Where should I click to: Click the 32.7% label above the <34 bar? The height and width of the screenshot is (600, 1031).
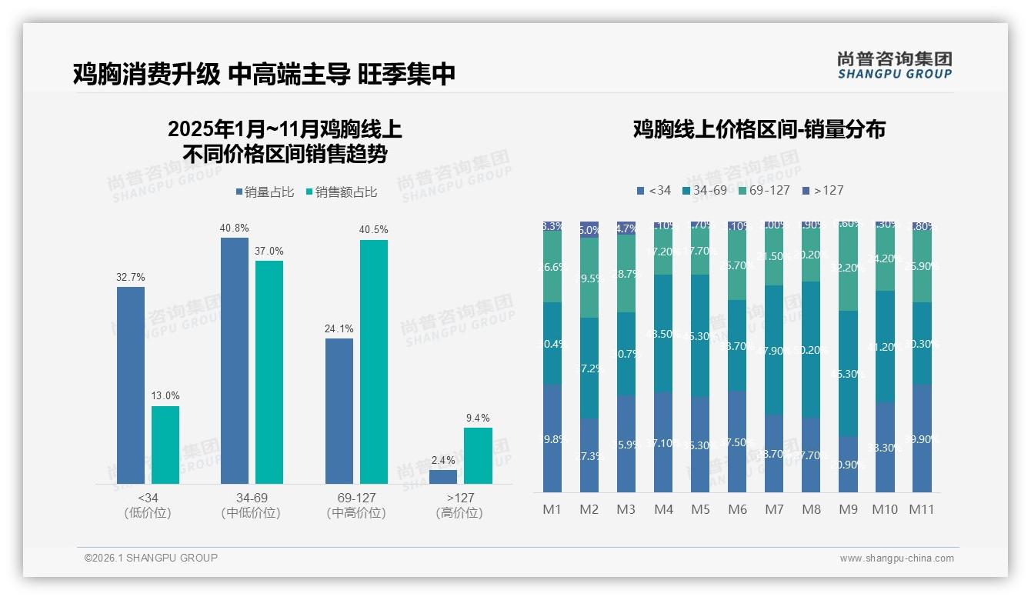[131, 277]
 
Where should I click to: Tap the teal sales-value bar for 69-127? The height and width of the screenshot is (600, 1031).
[374, 362]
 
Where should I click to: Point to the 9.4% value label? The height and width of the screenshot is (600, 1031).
[478, 418]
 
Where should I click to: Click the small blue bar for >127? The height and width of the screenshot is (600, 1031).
[443, 476]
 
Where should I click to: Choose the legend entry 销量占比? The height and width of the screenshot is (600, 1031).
[265, 192]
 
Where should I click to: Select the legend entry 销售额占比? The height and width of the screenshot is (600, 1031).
[341, 192]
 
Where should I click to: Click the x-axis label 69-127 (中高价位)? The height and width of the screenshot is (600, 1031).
[356, 505]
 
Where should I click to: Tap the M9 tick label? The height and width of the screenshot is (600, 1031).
[848, 509]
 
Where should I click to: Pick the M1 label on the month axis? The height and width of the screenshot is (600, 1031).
[552, 509]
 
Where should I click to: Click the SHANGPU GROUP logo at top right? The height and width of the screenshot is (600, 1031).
[894, 65]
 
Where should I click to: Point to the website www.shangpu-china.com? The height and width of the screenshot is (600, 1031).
[896, 558]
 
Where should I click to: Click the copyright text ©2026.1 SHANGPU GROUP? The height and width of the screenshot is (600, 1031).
[151, 558]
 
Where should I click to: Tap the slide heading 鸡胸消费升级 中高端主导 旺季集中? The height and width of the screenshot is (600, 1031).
[264, 74]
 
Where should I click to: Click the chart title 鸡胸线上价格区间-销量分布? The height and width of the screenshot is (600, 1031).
[759, 129]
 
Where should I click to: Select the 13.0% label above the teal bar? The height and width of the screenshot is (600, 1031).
[165, 396]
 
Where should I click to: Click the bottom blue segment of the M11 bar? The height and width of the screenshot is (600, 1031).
[922, 438]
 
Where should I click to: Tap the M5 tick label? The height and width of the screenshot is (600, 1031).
[700, 509]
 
